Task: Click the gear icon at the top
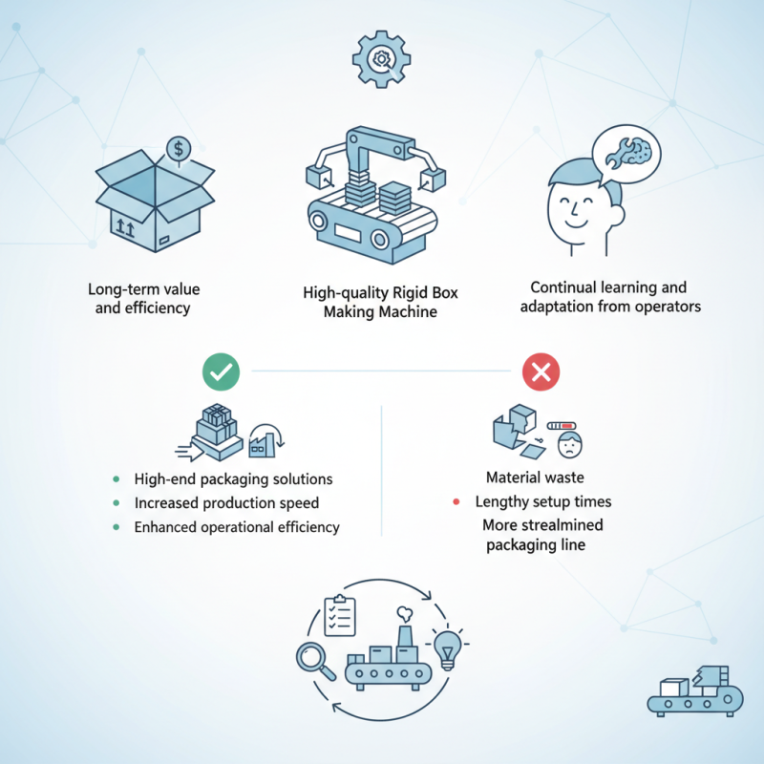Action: click(381, 59)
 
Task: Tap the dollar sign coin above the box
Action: click(179, 149)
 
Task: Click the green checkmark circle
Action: click(222, 371)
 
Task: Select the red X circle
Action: click(541, 371)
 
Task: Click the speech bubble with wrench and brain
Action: click(626, 155)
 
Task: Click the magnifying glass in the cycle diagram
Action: click(315, 660)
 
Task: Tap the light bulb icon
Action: click(447, 649)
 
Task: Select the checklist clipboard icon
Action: click(340, 615)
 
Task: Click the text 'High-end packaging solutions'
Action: click(233, 479)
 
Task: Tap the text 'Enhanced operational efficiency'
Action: click(237, 527)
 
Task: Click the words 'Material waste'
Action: click(535, 477)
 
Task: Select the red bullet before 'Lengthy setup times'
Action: click(456, 501)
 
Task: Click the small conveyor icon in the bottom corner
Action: click(695, 691)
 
